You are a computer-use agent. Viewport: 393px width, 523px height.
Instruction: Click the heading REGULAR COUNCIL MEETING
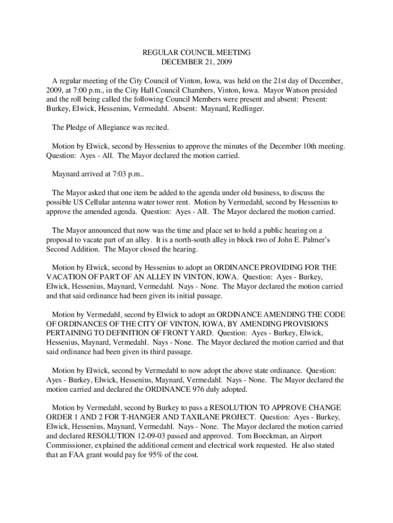coord(196,53)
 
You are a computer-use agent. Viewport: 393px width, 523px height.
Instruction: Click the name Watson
coord(290,90)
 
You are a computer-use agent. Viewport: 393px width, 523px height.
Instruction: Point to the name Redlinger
coord(247,109)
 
